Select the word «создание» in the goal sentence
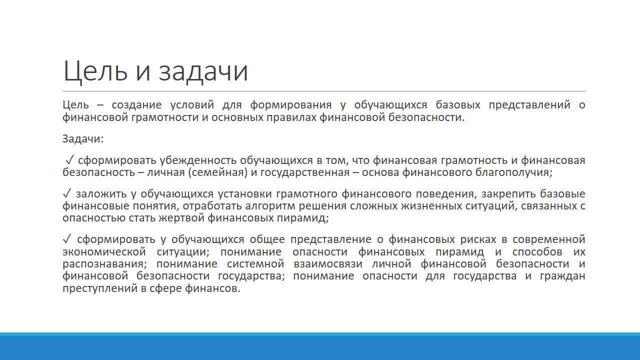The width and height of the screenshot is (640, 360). [136, 105]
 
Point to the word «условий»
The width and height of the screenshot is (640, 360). [192, 105]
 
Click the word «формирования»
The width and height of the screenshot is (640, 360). [291, 105]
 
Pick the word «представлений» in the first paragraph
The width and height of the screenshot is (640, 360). [529, 105]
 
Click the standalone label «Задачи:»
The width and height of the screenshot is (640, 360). [83, 139]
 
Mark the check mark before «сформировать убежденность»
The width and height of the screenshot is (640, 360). [70, 160]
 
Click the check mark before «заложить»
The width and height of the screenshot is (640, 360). [66, 193]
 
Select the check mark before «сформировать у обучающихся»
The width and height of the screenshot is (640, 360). [66, 239]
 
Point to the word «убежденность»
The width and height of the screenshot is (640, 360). [198, 160]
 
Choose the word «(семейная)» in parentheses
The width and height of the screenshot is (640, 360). [217, 173]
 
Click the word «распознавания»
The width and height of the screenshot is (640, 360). [103, 263]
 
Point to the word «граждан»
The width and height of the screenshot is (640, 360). [562, 276]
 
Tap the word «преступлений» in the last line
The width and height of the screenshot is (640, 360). [100, 288]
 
